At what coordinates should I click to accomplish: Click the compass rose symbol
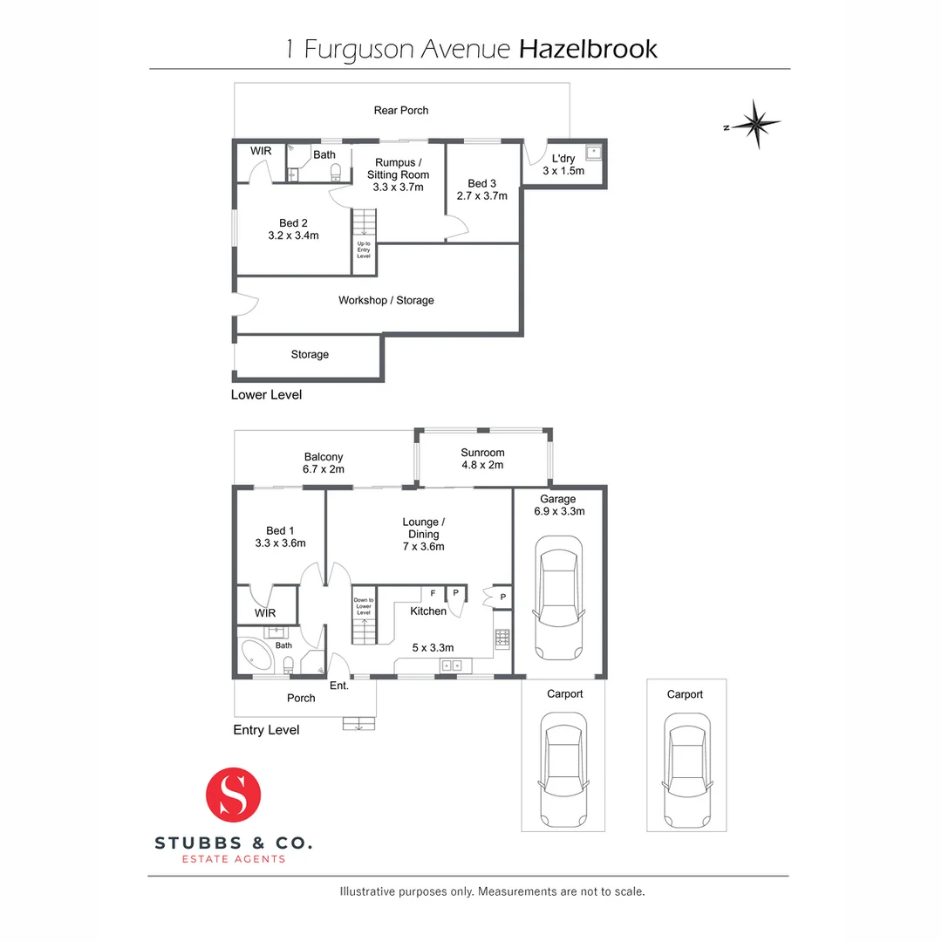coord(755,124)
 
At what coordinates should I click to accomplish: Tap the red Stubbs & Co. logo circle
coord(234,796)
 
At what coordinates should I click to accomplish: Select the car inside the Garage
coord(558,598)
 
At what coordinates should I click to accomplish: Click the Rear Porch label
coord(401,111)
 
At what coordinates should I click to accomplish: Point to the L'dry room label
coord(563,158)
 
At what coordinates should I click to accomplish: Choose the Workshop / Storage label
coord(386,300)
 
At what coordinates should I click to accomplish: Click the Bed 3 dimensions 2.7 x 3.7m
coord(481,196)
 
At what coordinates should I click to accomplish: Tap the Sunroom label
coord(483,453)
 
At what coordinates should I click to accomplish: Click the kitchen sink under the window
coord(452,666)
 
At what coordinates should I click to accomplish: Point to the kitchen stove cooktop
coord(502,638)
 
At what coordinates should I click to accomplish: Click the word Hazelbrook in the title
coord(588,49)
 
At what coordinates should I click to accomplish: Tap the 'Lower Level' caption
coord(266,394)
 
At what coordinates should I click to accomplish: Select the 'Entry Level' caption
coord(266,730)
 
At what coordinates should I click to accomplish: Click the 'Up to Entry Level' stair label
coord(364,249)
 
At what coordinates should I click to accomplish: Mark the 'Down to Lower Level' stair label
coord(364,606)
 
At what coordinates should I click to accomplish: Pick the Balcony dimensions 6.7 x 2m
coord(324,469)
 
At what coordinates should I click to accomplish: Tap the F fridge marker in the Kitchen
coord(433,593)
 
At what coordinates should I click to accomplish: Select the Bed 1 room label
coord(280,530)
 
